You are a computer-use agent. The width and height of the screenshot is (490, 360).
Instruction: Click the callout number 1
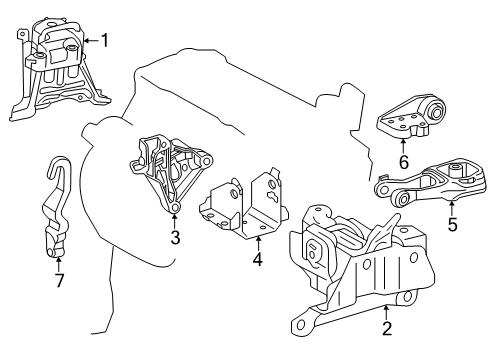tap(105, 40)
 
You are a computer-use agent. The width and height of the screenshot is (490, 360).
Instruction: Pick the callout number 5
tap(452, 226)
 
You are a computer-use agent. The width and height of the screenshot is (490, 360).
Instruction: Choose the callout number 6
tap(403, 161)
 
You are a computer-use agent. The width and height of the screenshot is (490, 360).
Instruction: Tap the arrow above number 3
tap(174, 218)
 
